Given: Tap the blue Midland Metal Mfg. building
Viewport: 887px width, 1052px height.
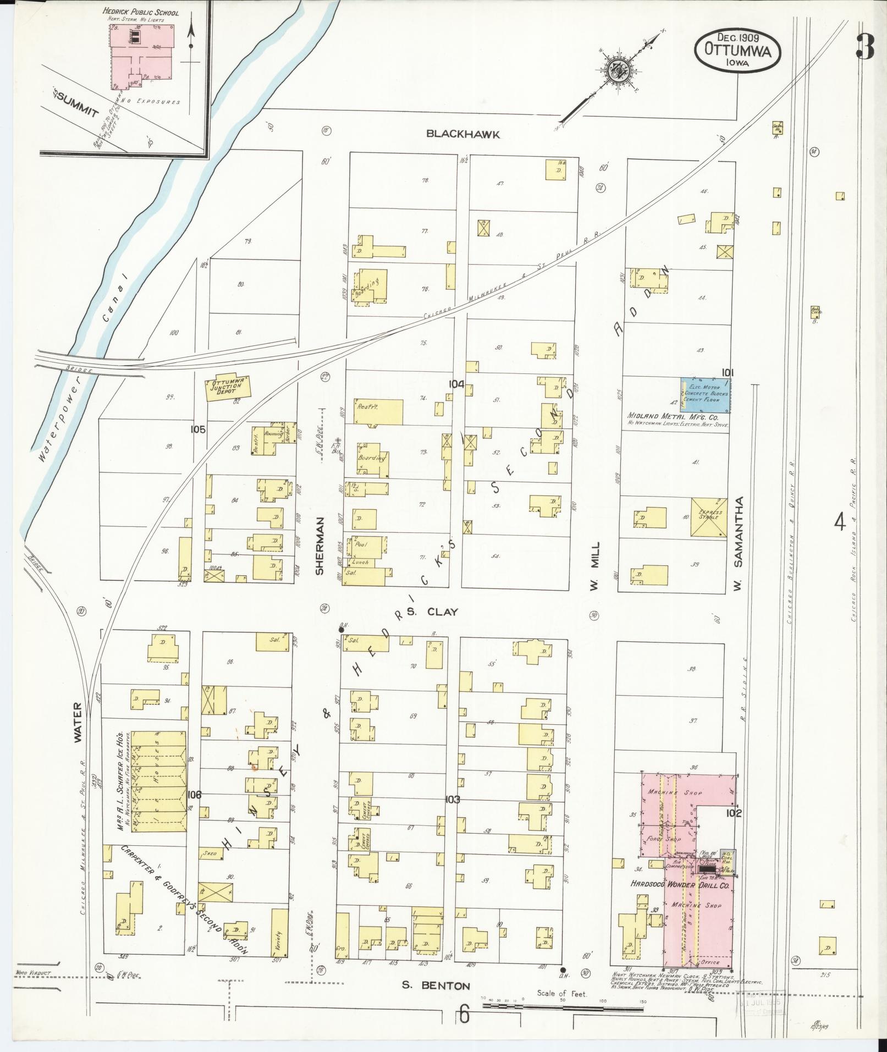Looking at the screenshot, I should click(706, 394).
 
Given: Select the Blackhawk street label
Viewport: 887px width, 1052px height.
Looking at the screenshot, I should click(464, 134).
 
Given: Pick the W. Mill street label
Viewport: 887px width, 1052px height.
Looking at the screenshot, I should click(594, 567).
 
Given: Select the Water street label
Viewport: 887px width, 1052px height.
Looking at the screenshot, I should click(78, 722).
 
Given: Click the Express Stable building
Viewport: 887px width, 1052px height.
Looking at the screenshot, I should click(708, 517).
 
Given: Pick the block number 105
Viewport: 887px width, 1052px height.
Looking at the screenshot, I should click(198, 429).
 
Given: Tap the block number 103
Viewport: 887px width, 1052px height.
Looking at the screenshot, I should click(452, 799).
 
